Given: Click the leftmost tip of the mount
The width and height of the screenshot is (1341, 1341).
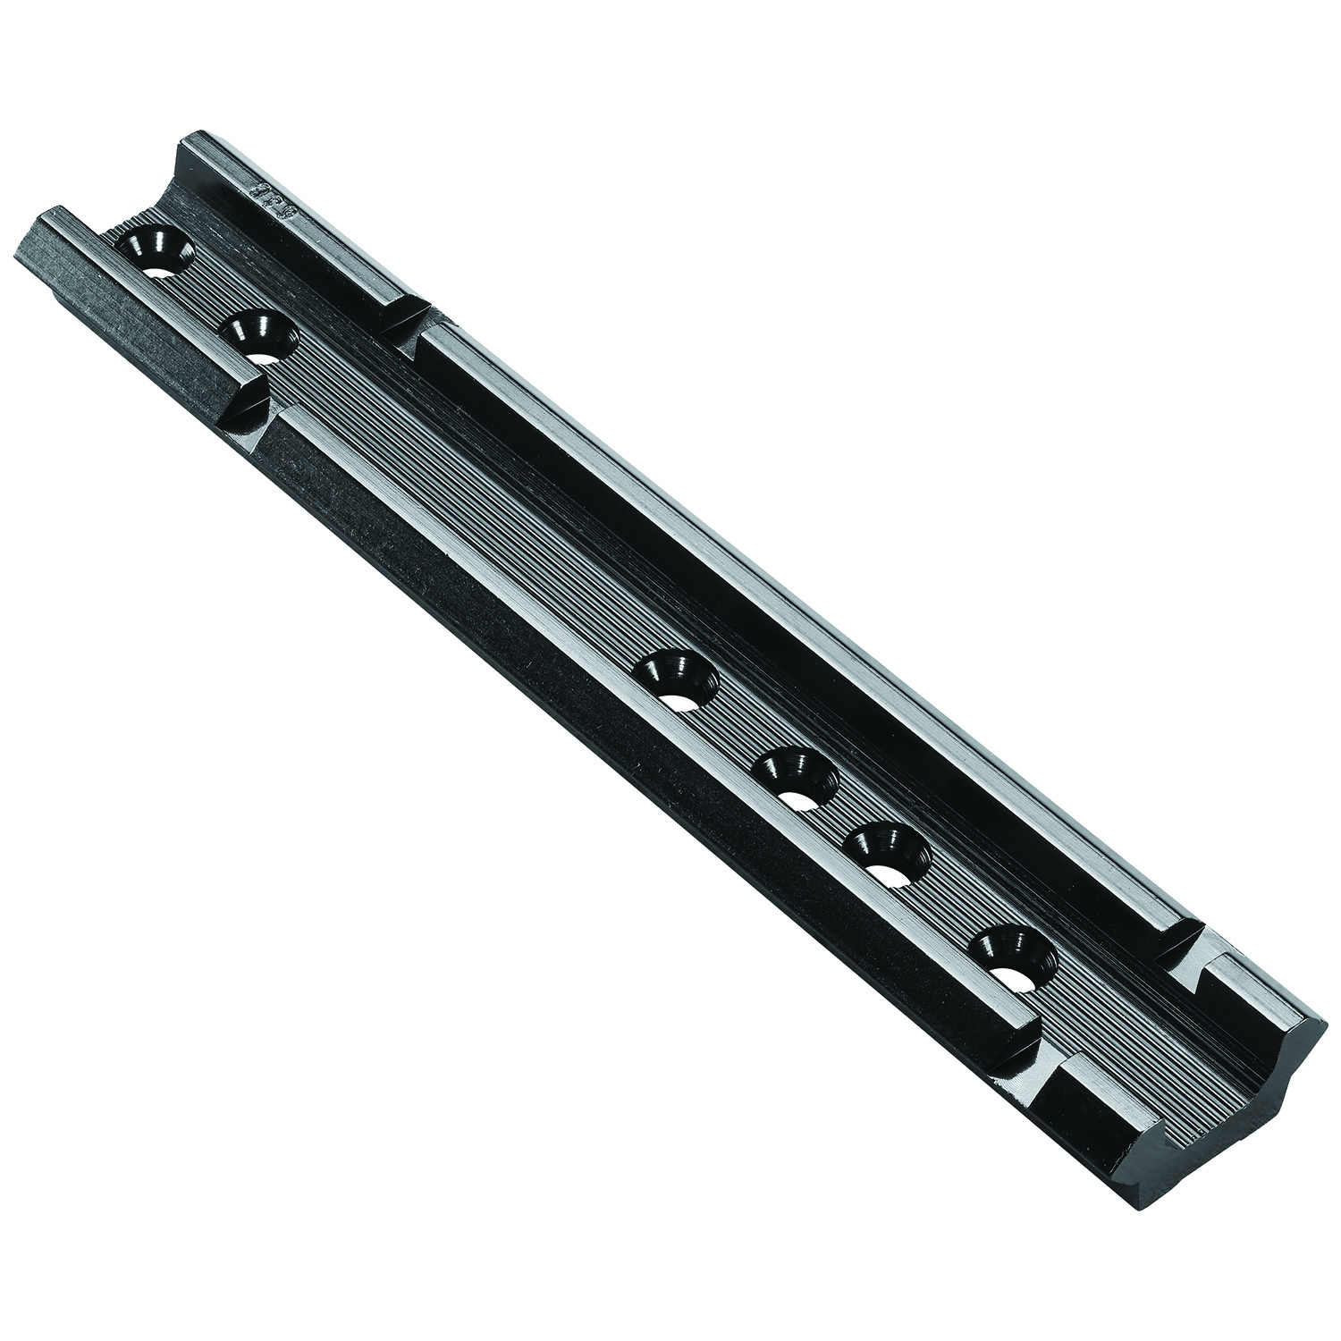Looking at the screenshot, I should click(18, 253).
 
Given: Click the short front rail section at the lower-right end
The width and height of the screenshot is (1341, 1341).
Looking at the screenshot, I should click(1109, 1100).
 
